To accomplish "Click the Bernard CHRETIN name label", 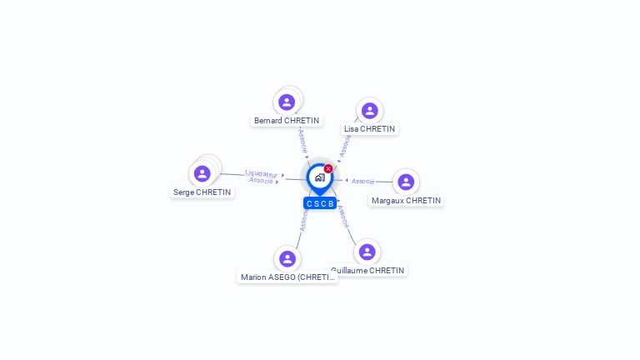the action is pyautogui.click(x=287, y=121).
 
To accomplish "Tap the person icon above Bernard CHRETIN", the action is pyautogui.click(x=287, y=102).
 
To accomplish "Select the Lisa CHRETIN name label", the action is pyautogui.click(x=370, y=129).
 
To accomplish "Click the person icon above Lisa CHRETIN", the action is pyautogui.click(x=370, y=111).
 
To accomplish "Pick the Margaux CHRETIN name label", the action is pyautogui.click(x=406, y=201).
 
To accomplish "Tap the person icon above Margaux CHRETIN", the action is pyautogui.click(x=406, y=182).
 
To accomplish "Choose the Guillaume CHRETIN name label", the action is pyautogui.click(x=367, y=271).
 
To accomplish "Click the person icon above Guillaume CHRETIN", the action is pyautogui.click(x=367, y=252).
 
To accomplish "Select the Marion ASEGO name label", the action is pyautogui.click(x=287, y=277).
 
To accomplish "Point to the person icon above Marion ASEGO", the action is pyautogui.click(x=287, y=258).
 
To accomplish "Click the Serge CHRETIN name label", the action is pyautogui.click(x=202, y=192).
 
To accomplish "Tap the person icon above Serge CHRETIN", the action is pyautogui.click(x=202, y=173).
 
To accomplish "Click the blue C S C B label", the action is pyautogui.click(x=320, y=203).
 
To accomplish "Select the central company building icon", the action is pyautogui.click(x=319, y=177).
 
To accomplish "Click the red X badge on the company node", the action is pyautogui.click(x=328, y=168).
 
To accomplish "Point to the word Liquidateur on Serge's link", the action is pyautogui.click(x=261, y=174).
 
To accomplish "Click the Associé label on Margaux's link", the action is pyautogui.click(x=363, y=181).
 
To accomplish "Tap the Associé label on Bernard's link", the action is pyautogui.click(x=302, y=140).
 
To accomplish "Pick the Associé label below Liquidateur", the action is pyautogui.click(x=261, y=181).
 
